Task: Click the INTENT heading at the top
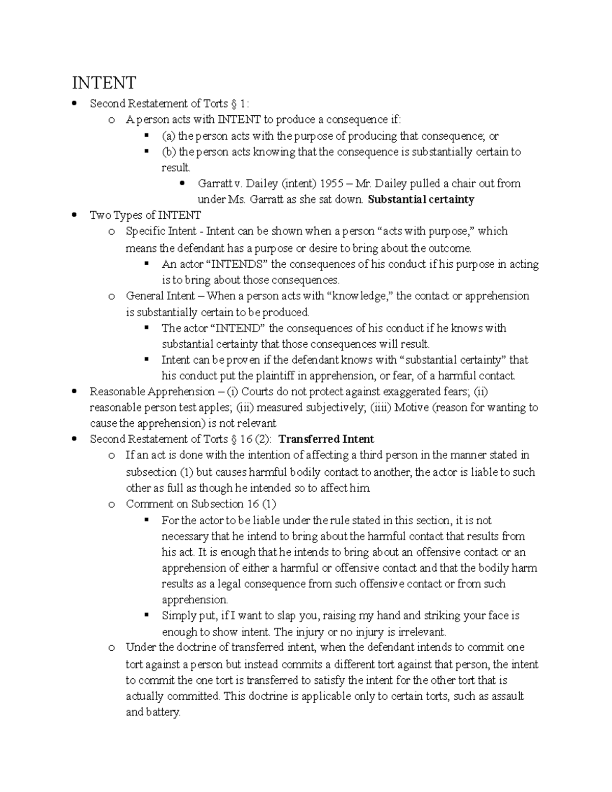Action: (x=104, y=82)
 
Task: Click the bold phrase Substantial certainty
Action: (x=421, y=199)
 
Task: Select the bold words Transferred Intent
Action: (x=326, y=439)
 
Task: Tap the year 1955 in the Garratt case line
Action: (x=329, y=184)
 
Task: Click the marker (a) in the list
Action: (x=168, y=136)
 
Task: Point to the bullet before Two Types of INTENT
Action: (x=75, y=216)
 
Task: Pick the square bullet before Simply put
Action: (x=147, y=615)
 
